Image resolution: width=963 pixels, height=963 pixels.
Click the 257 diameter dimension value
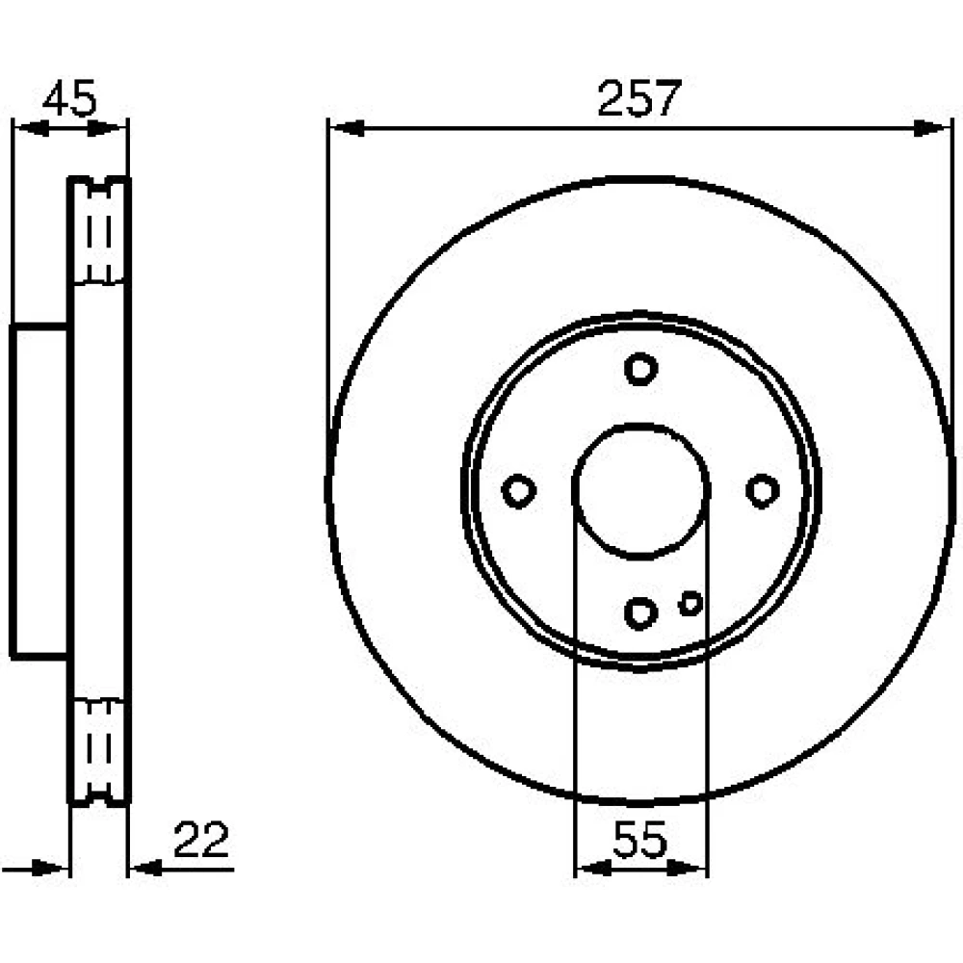coord(638,98)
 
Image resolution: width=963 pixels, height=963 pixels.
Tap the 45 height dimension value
coord(69,98)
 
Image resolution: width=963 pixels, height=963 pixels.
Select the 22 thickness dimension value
coord(201,840)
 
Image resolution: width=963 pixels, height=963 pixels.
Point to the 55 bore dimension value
coord(639,840)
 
